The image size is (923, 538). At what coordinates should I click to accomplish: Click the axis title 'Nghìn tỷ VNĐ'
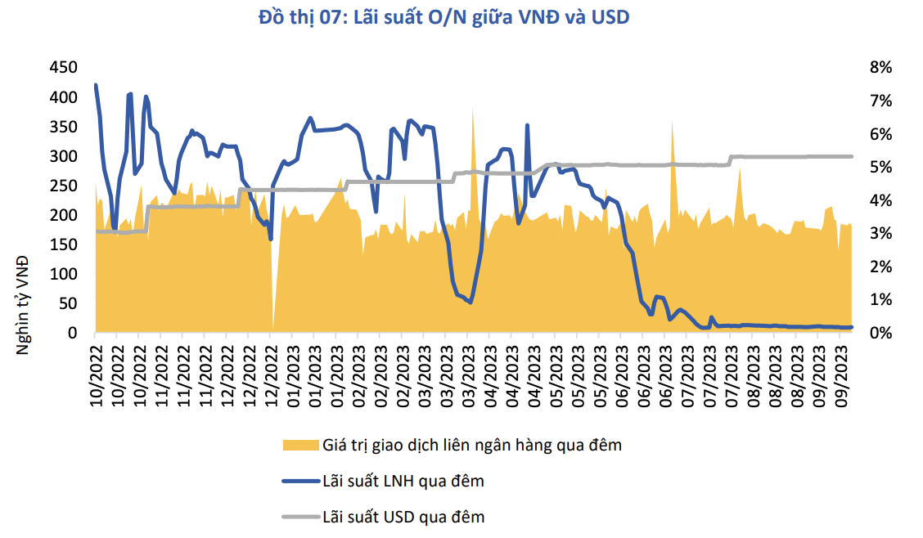point(24,305)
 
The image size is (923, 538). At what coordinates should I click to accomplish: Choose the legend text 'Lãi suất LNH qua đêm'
point(403,481)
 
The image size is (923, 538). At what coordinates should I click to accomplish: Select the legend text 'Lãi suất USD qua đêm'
point(403,517)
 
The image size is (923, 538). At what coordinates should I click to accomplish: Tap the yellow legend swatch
point(299,445)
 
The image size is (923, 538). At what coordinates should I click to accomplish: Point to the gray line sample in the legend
point(299,517)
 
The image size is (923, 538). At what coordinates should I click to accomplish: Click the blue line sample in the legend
point(299,481)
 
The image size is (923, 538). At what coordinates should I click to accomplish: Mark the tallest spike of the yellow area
point(472,109)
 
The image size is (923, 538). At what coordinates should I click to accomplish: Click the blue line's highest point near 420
point(96,85)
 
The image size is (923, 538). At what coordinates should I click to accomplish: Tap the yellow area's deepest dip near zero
point(272,328)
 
